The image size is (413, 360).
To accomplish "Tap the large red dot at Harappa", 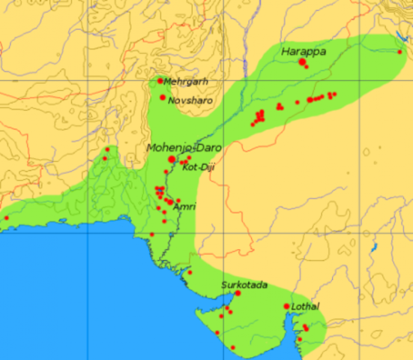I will (303, 62).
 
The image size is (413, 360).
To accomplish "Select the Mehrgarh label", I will (185, 82).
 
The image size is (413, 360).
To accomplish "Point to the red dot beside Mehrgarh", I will (160, 81).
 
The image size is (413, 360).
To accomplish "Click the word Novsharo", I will (187, 99).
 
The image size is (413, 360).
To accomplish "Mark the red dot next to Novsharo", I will (163, 97).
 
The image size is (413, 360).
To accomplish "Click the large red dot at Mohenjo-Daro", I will (172, 159).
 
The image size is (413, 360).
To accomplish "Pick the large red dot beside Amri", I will (170, 201).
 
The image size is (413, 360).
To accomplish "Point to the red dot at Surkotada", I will (238, 293).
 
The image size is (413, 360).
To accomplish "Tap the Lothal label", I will (306, 307).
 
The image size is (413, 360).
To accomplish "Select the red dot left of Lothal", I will (286, 306).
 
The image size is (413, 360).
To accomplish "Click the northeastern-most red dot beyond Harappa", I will (400, 52).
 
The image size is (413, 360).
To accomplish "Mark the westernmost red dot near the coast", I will (6, 218).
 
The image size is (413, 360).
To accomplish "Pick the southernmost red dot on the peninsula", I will (232, 347).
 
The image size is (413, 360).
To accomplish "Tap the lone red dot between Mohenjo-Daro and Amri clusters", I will (166, 172).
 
